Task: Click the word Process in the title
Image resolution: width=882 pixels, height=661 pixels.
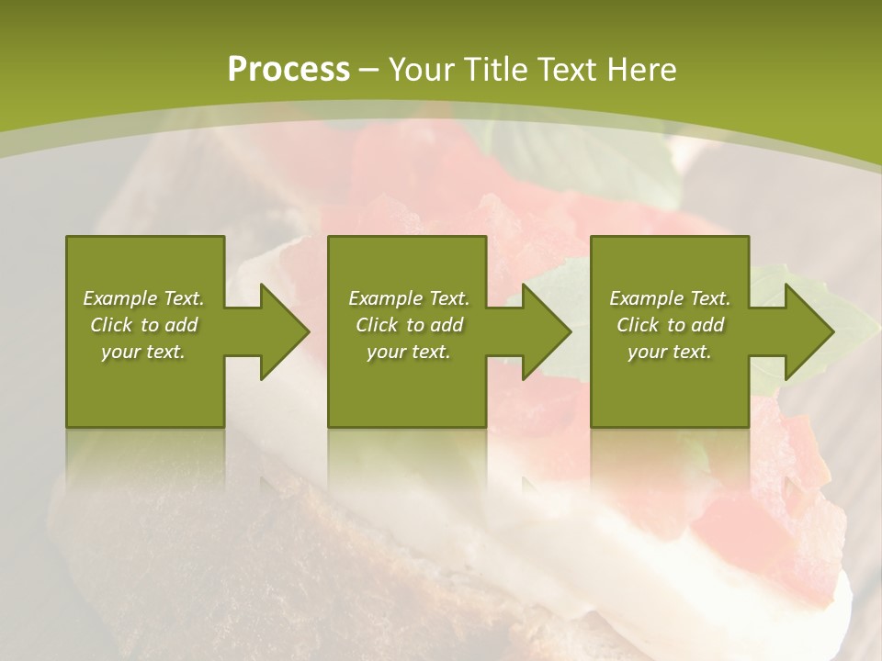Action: [288, 70]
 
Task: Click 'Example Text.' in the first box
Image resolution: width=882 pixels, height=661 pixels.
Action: [143, 298]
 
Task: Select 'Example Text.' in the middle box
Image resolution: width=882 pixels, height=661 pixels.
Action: [409, 298]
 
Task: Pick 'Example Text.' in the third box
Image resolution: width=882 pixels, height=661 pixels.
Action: [670, 298]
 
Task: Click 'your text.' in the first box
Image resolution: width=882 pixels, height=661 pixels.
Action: [143, 352]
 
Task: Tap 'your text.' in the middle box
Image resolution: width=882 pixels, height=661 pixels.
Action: [409, 352]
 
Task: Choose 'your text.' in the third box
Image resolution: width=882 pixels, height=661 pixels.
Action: [670, 352]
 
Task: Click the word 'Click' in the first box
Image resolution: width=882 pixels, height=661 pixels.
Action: [111, 325]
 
